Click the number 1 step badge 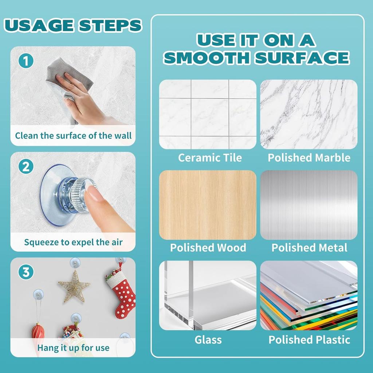tap(26, 60)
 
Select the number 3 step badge tap(26, 272)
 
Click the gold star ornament tap(74, 286)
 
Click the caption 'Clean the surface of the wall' tap(73, 136)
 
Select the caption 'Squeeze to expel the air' tap(73, 242)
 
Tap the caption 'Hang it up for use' tap(73, 348)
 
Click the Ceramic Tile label tap(209, 158)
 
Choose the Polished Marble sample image tap(309, 114)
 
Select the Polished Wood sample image tap(208, 205)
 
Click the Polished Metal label tap(309, 248)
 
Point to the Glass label tap(208, 340)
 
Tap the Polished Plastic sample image tap(309, 295)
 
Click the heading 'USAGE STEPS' tap(73, 25)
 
